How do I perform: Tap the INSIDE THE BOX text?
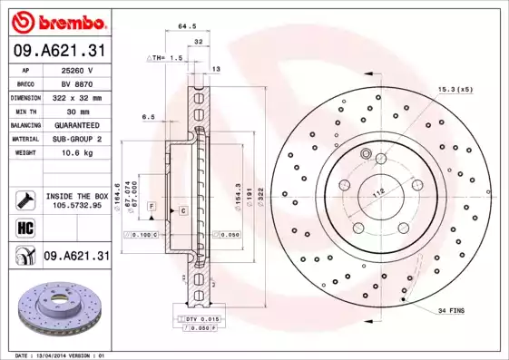(76, 196)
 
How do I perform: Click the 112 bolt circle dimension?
(378, 190)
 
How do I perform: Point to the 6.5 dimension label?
(148, 117)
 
